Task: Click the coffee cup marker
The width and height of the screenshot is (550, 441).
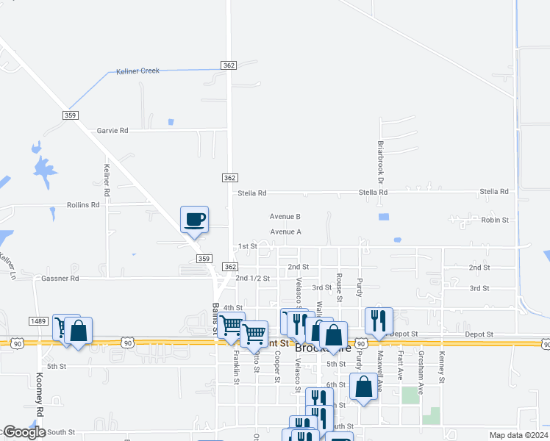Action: click(x=195, y=219)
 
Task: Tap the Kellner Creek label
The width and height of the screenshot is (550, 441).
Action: click(x=138, y=72)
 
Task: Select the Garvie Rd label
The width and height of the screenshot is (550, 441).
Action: click(x=113, y=131)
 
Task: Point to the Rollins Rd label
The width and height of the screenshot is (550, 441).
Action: click(x=82, y=205)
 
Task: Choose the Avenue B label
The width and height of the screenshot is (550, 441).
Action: click(x=285, y=217)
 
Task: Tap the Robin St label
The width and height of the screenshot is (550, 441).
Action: click(x=495, y=220)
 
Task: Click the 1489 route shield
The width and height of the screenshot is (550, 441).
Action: click(x=39, y=320)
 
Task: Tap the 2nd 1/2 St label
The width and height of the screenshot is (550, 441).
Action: click(x=253, y=279)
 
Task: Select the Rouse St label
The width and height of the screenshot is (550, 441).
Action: click(x=339, y=287)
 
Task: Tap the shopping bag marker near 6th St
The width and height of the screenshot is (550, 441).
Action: click(x=364, y=386)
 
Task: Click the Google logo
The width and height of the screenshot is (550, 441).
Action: click(x=24, y=432)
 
